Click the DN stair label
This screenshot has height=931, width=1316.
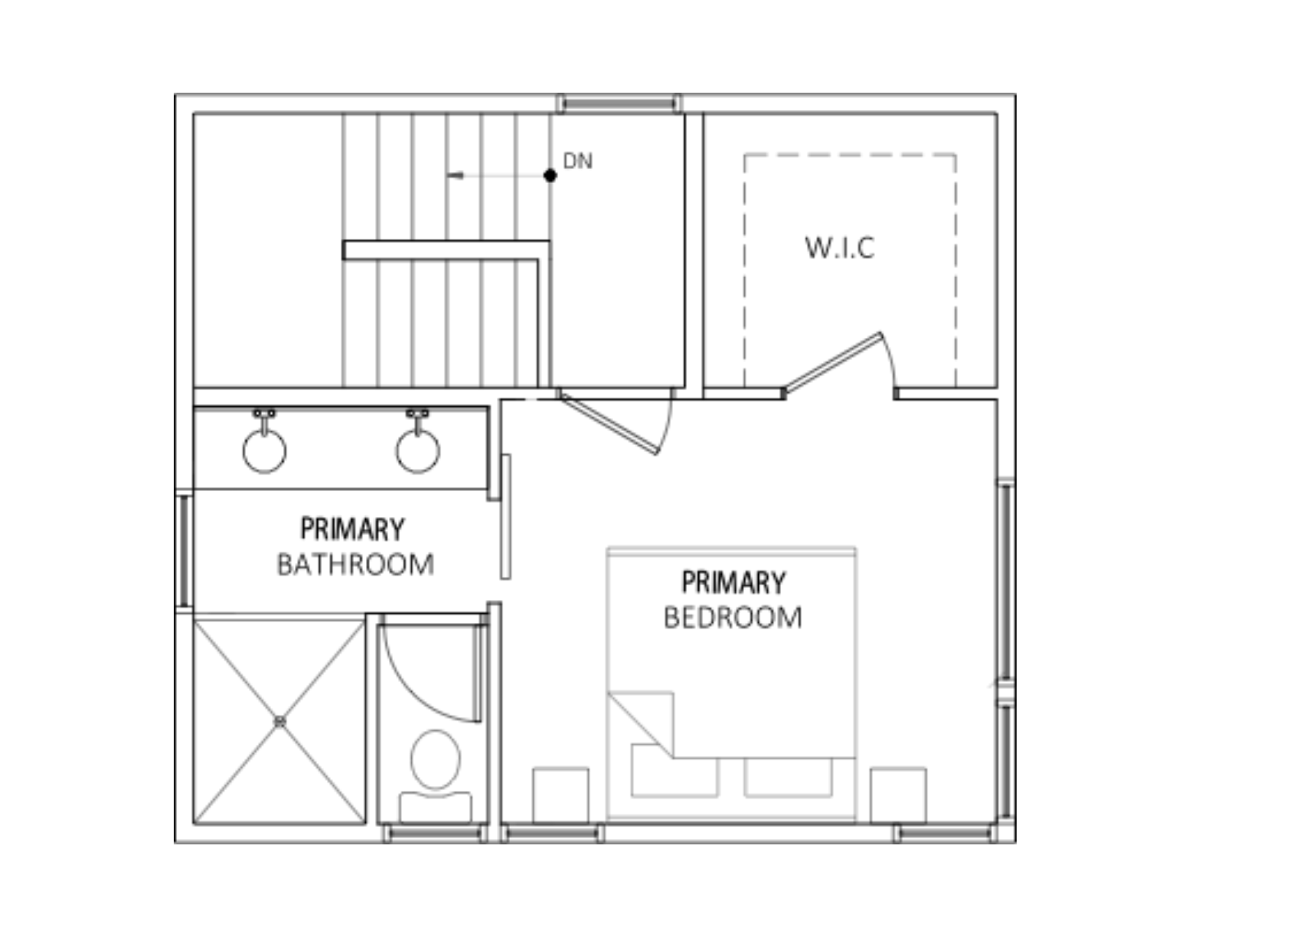(578, 161)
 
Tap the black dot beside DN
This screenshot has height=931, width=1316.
(550, 175)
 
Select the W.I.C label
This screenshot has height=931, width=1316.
(840, 248)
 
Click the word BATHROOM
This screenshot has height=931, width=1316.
(355, 564)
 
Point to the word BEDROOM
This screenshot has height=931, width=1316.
(732, 618)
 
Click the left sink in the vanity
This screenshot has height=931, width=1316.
(265, 451)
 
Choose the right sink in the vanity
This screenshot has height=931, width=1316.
(418, 451)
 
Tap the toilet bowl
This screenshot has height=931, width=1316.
(435, 759)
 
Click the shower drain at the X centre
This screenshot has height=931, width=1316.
(280, 722)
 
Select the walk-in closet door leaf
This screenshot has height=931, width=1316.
(832, 363)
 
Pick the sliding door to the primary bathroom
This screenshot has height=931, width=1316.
(505, 517)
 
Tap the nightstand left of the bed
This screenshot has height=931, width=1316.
(561, 795)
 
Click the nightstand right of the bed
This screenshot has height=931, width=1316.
(898, 795)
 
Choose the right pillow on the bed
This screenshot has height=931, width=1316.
(788, 777)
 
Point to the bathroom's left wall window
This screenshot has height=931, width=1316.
(185, 550)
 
